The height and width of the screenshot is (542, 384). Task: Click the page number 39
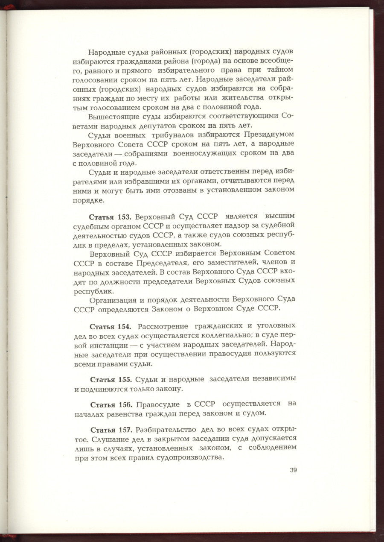click(293, 470)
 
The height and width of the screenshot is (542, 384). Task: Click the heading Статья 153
click(110, 217)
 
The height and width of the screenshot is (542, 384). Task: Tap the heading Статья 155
click(111, 379)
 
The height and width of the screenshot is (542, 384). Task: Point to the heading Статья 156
click(111, 404)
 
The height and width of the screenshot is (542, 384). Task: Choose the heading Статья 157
click(111, 429)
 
